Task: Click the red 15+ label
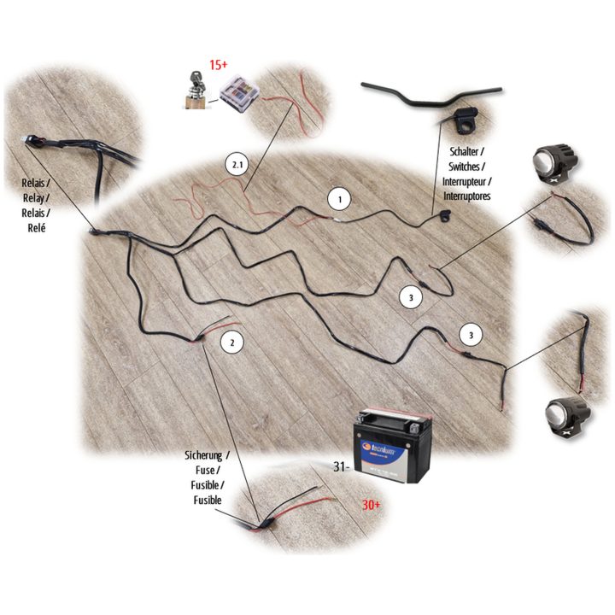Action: pyautogui.click(x=218, y=64)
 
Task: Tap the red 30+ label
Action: pyautogui.click(x=371, y=505)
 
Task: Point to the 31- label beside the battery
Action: pyautogui.click(x=340, y=466)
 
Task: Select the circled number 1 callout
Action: pyautogui.click(x=340, y=199)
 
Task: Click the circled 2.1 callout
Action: pyautogui.click(x=237, y=165)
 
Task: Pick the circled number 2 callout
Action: pyautogui.click(x=232, y=343)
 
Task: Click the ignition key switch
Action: pyautogui.click(x=195, y=91)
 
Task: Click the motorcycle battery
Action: pyautogui.click(x=392, y=446)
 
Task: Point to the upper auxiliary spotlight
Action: pyautogui.click(x=554, y=163)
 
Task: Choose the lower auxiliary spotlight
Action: pyautogui.click(x=567, y=418)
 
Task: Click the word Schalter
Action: pyautogui.click(x=464, y=151)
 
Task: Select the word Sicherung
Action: pyautogui.click(x=203, y=455)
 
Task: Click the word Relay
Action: pyautogui.click(x=33, y=198)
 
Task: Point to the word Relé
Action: pyautogui.click(x=37, y=227)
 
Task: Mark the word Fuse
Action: pyautogui.click(x=205, y=470)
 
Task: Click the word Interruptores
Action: pyautogui.click(x=466, y=196)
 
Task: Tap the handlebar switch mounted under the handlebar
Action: pyautogui.click(x=465, y=120)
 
